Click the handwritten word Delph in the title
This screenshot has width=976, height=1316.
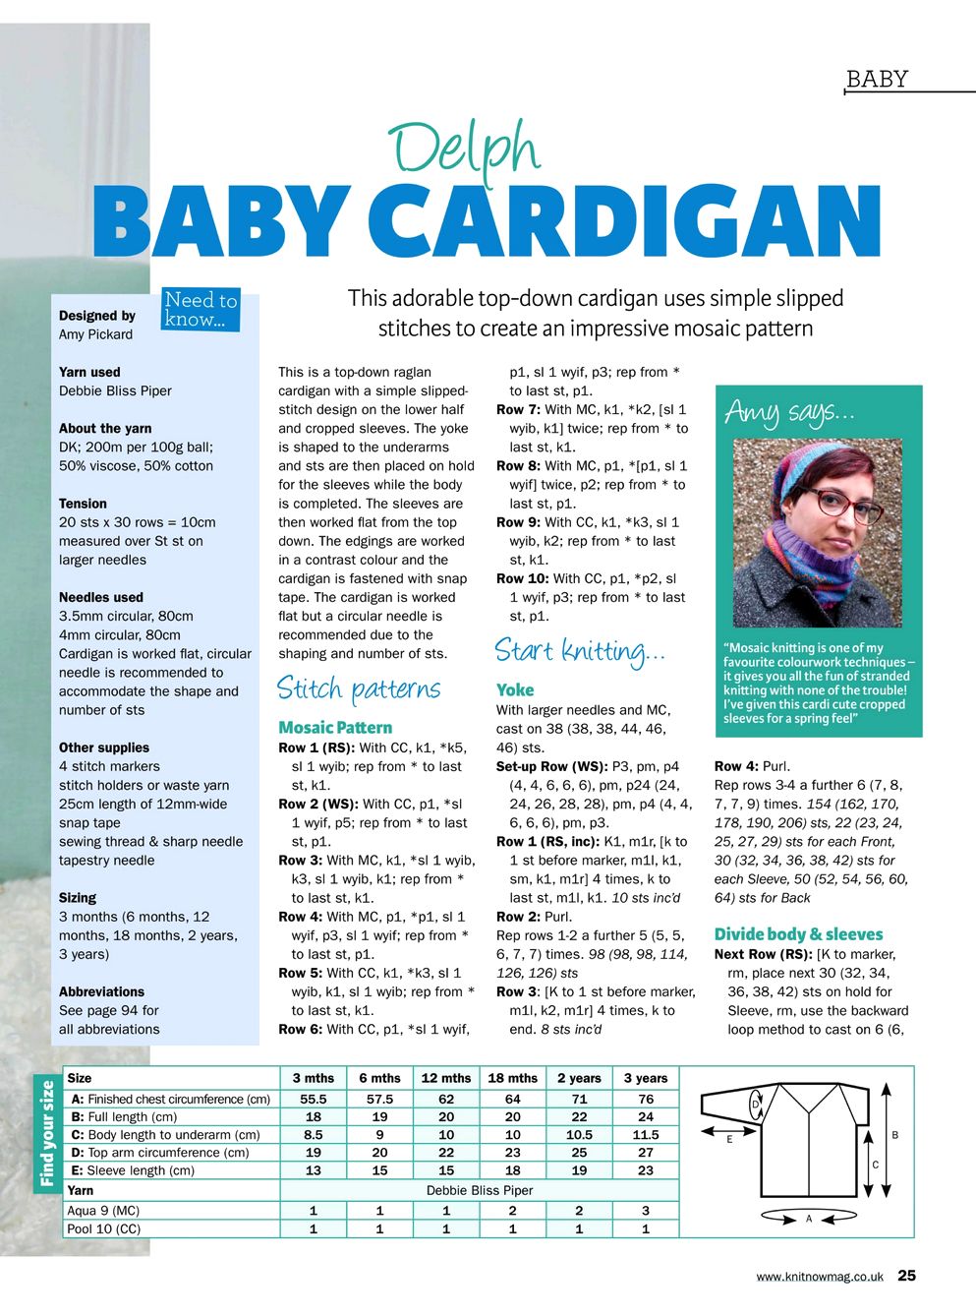point(464,150)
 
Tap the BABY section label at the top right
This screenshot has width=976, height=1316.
point(877,80)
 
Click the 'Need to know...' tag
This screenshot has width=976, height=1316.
point(201,309)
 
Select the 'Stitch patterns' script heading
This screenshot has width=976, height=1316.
point(358,688)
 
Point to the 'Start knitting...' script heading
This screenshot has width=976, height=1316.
point(580,650)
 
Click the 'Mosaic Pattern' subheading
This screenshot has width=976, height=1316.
point(335,728)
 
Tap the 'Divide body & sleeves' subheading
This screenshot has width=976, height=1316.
point(798,934)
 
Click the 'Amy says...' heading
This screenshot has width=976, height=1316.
point(789,412)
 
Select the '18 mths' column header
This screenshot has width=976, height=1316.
point(512,1078)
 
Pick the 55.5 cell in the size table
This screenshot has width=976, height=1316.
point(313,1099)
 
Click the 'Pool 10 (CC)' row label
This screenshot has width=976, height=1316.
point(103,1228)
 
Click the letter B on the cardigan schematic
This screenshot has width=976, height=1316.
point(894,1135)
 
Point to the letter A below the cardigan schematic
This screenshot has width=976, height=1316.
point(809,1219)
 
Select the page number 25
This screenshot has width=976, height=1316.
point(906,1276)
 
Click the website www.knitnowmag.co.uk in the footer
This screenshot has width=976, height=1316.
point(820,1277)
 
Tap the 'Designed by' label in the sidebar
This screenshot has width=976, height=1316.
point(97,316)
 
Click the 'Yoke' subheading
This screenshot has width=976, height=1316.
point(515,690)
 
